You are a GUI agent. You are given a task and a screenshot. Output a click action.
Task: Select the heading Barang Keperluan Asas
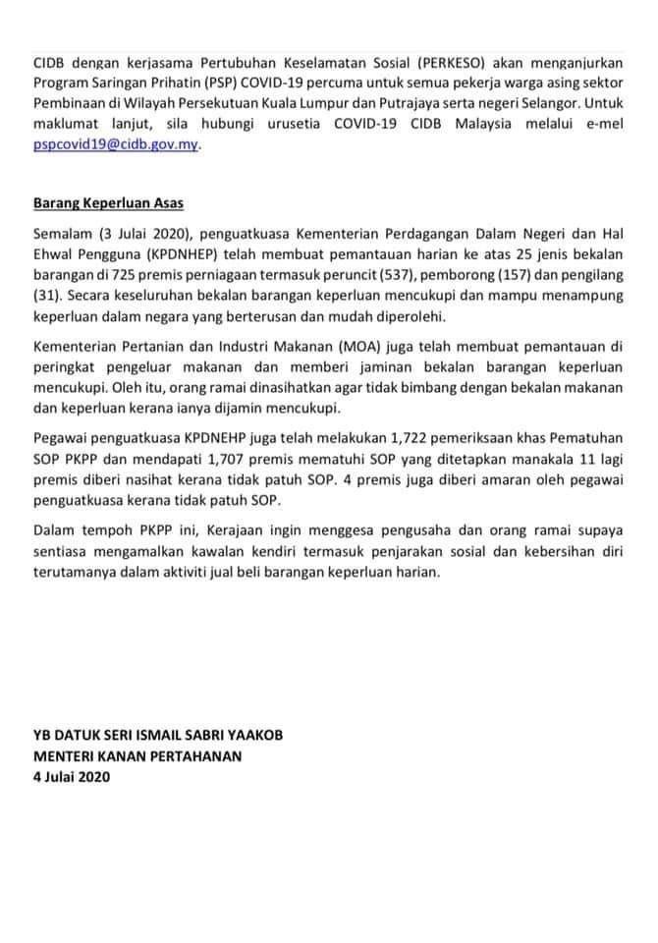108,204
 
